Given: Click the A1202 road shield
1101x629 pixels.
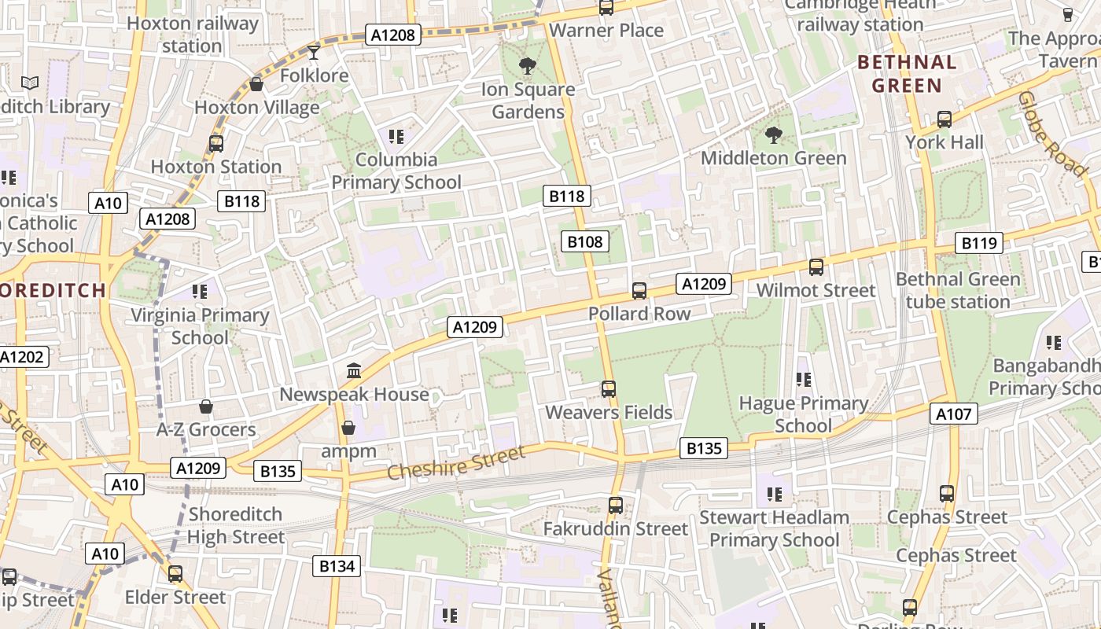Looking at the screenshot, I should click(x=22, y=357).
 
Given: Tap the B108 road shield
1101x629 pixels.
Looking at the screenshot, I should click(x=584, y=241).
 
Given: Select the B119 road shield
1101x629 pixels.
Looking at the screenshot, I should click(x=979, y=243).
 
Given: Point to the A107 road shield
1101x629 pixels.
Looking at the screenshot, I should click(x=954, y=414).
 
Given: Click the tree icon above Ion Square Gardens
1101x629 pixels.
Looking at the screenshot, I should click(x=526, y=66).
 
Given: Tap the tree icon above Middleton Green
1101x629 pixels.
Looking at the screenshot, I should click(x=774, y=135).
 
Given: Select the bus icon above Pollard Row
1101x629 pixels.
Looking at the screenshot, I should click(x=639, y=291).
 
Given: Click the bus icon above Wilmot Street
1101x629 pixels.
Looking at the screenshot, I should click(x=816, y=267).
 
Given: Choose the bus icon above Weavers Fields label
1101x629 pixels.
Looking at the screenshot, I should click(x=609, y=388).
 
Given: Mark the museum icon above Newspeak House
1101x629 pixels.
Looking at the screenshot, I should click(x=354, y=370).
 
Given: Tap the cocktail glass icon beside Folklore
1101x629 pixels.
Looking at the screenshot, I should click(x=314, y=53).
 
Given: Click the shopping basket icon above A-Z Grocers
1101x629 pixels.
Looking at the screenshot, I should click(x=206, y=406).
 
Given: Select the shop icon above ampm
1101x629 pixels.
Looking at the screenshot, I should click(x=348, y=428).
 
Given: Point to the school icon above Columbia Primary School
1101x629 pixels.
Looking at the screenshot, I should click(x=396, y=137).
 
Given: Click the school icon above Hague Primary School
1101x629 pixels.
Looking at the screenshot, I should click(x=803, y=380).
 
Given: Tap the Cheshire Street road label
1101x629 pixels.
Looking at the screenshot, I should click(x=456, y=463).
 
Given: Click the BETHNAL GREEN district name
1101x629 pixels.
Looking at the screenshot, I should click(x=907, y=74).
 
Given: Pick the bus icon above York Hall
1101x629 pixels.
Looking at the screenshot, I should click(x=945, y=120).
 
